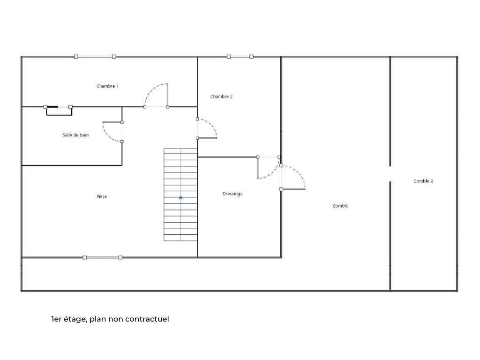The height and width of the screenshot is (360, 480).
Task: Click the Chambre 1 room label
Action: (107, 86)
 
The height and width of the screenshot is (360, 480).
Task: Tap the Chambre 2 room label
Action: (221, 97)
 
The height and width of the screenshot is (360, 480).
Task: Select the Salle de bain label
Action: (75, 135)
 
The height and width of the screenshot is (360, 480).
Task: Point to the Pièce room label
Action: (102, 196)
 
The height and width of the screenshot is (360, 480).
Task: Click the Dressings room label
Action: (232, 194)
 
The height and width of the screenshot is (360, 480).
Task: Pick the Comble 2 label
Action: (423, 181)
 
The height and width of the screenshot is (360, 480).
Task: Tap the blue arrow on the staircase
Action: (180, 197)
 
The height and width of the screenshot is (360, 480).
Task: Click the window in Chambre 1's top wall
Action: (95, 57)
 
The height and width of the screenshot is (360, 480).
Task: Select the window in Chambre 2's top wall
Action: (240, 57)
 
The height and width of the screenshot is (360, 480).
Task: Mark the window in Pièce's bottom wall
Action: (103, 257)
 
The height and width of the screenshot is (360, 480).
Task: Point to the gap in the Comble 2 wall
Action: (390, 174)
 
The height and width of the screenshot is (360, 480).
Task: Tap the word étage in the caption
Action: (76, 320)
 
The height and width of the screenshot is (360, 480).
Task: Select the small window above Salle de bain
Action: (58, 107)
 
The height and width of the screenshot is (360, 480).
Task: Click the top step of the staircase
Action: (180, 151)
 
